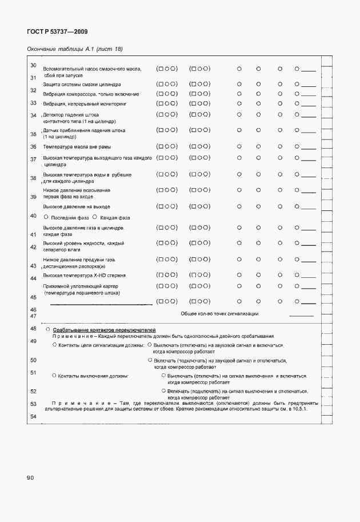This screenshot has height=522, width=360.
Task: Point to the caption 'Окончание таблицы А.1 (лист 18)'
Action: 75,49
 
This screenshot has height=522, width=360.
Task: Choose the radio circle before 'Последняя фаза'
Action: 46,217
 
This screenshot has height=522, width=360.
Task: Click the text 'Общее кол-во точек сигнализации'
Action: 219,314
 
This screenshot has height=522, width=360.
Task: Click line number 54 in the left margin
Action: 33,417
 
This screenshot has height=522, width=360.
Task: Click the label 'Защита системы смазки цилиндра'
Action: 82,84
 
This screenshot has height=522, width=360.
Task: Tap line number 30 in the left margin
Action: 33,65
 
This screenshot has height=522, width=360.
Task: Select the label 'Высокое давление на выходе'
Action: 77,206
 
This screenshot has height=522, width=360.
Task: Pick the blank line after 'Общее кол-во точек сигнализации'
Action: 302,315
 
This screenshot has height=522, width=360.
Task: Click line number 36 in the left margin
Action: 33,147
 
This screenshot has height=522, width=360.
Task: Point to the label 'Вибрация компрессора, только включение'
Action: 91,94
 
